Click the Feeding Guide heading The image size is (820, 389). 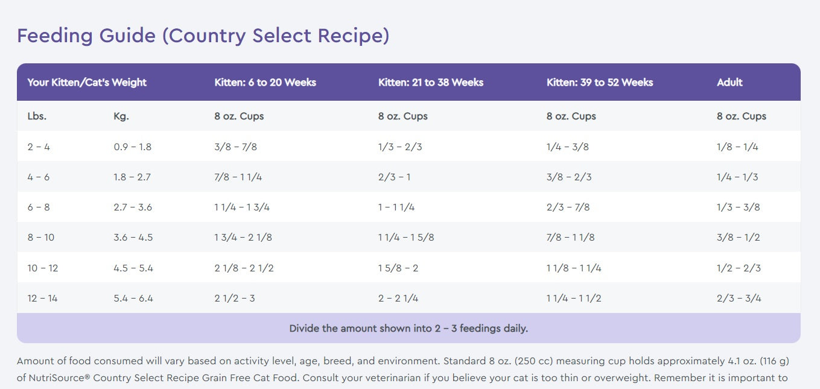click(x=203, y=36)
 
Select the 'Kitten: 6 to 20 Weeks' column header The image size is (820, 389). click(x=265, y=83)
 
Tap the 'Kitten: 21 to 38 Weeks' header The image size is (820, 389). click(x=430, y=83)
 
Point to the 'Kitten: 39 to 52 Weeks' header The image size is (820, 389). click(x=600, y=83)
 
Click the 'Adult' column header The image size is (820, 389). click(x=729, y=83)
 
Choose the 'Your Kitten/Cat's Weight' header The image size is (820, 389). click(x=87, y=83)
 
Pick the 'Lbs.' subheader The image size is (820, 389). click(x=37, y=116)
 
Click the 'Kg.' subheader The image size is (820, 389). click(x=121, y=116)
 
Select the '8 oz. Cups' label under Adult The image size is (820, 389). click(x=742, y=116)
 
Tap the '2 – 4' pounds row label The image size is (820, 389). click(x=39, y=147)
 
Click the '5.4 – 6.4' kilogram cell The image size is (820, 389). click(x=133, y=299)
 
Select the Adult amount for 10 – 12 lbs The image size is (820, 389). click(x=738, y=268)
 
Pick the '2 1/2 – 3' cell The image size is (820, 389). click(x=235, y=299)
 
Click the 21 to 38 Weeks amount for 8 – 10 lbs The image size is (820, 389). click(x=406, y=238)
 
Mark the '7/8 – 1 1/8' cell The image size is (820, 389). click(x=570, y=238)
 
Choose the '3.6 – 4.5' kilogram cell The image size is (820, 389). click(x=133, y=238)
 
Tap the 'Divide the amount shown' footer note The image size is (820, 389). click(x=408, y=329)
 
